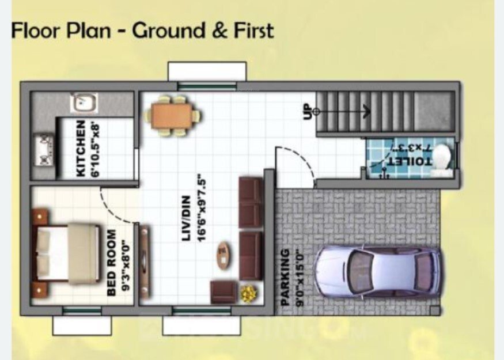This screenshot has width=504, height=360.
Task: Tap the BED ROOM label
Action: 111,263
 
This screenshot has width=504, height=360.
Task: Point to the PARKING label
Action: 285,276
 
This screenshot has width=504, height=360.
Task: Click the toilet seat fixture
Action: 442,157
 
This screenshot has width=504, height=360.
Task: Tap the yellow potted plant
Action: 248,293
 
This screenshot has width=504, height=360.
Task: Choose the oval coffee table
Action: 222,255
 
